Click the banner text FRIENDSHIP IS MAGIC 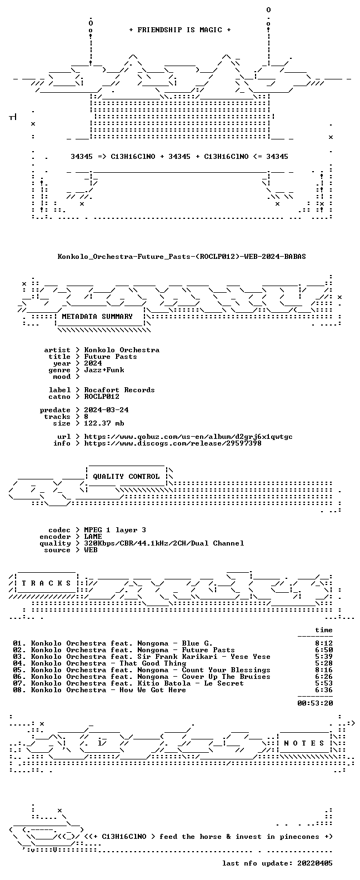180,30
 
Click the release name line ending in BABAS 182,257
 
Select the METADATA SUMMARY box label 97,316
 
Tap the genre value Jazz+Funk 104,370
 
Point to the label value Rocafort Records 119,390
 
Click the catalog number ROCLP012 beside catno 102,397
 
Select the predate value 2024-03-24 106,410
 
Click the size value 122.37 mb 104,423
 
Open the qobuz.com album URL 188,437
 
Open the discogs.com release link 173,443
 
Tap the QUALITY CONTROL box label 126,477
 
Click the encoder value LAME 93,537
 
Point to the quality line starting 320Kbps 164,543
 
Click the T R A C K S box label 46,583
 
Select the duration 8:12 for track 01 324,643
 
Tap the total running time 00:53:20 315,703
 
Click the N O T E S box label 304,743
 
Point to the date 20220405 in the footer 315,863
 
